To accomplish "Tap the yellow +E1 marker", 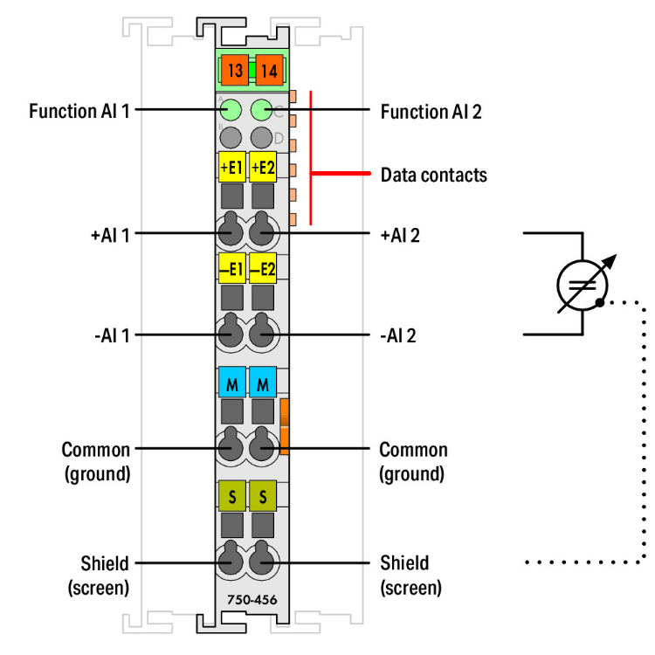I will [231, 166].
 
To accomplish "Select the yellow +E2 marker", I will [262, 166].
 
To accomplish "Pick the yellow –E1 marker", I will [231, 269].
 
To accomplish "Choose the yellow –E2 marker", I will [262, 269].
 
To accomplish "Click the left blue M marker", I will [231, 383].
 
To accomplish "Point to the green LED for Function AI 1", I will [231, 111].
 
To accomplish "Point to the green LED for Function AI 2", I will [261, 111].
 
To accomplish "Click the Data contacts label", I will [433, 175].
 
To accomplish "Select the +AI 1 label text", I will [108, 234].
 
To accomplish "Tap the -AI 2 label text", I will [400, 334].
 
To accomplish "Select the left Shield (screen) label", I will [99, 575].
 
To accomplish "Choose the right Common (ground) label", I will [413, 461].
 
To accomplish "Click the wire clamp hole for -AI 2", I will [261, 334].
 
